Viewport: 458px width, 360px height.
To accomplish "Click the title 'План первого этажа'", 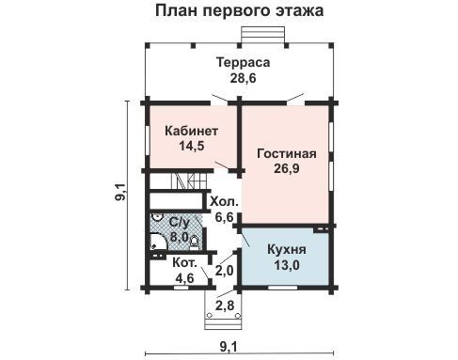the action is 239,11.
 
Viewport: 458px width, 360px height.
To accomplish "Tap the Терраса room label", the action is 244,62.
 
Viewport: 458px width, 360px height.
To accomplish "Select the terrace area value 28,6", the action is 244,78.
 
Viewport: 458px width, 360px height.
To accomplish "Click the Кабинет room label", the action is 191,131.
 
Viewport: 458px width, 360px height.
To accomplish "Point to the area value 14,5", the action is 192,146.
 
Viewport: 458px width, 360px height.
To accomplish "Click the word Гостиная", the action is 287,153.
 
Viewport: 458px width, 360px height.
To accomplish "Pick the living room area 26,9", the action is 287,168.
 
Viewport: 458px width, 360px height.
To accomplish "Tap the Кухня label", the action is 287,250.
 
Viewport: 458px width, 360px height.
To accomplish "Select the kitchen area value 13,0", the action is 287,265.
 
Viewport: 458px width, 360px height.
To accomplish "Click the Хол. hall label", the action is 224,201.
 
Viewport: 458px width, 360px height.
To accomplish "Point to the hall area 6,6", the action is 225,217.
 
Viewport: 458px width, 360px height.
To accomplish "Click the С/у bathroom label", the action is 180,222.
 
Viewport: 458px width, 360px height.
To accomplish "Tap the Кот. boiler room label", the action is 184,262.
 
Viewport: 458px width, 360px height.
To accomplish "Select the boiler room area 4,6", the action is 184,277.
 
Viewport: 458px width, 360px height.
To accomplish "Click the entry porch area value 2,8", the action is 225,305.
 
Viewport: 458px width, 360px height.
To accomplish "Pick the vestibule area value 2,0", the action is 225,271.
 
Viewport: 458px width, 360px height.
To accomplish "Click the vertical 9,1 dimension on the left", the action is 120,193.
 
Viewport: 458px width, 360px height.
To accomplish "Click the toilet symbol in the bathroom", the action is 194,243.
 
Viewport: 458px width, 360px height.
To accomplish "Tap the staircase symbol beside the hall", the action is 189,181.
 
